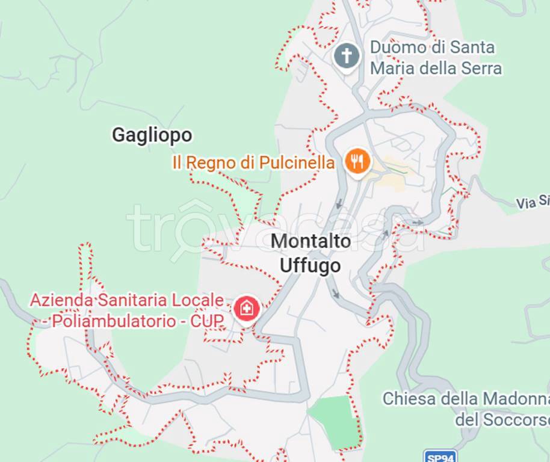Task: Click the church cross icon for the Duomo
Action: (x=347, y=57)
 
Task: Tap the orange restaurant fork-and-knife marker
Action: (x=357, y=161)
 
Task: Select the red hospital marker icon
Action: (x=246, y=309)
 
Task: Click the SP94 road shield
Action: (x=439, y=457)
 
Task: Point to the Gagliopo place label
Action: (x=152, y=135)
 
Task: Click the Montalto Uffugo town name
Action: (x=311, y=253)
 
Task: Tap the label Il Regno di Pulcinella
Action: (x=253, y=162)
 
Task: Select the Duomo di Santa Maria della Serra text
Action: (x=435, y=58)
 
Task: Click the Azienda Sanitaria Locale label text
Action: (x=127, y=300)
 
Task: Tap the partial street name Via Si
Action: (x=532, y=202)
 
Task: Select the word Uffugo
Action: (x=311, y=265)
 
